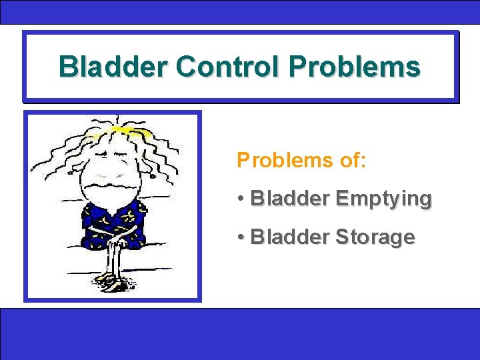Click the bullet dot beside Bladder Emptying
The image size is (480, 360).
tap(240, 199)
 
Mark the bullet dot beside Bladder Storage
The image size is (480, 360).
tap(240, 238)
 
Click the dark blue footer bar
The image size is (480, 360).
tap(240, 333)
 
